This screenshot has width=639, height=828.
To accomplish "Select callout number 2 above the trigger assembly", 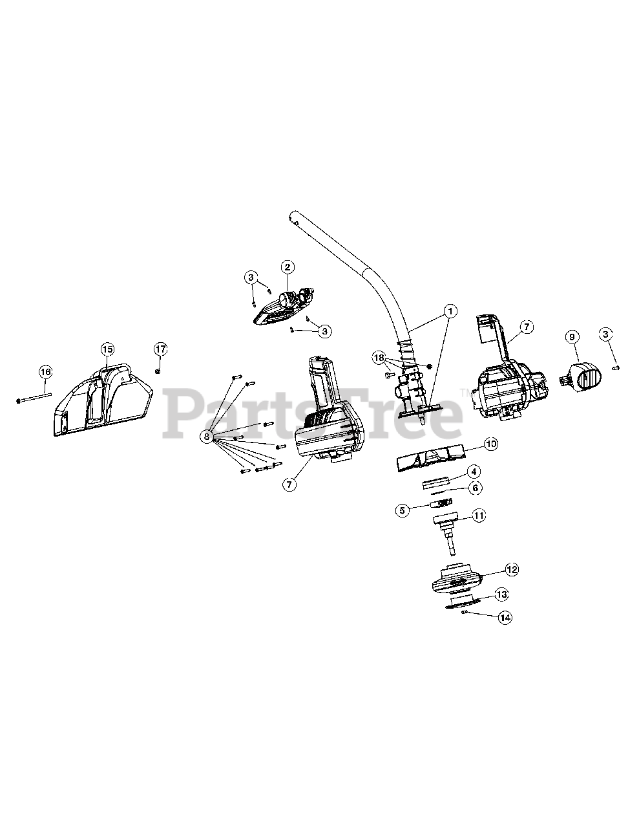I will coord(288,267).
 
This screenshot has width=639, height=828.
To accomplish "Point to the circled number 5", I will coord(403,510).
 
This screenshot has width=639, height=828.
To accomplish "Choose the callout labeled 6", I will coord(475,487).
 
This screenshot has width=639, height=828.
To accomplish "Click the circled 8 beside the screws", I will coord(207,437).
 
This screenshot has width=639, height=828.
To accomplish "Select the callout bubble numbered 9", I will coord(571,336).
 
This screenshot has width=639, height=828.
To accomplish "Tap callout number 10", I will coord(491,444).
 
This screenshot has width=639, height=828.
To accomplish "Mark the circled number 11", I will coord(496,516).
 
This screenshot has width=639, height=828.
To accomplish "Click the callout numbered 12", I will coord(512,570).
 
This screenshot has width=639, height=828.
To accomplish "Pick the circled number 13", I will coord(501,593).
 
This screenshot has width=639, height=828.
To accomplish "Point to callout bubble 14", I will coord(505,618).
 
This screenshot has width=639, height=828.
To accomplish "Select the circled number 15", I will coord(107,349).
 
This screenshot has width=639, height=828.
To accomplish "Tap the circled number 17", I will coord(160,349).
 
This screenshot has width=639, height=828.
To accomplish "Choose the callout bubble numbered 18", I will coord(378,357).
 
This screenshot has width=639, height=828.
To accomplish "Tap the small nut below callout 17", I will coord(158,371).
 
